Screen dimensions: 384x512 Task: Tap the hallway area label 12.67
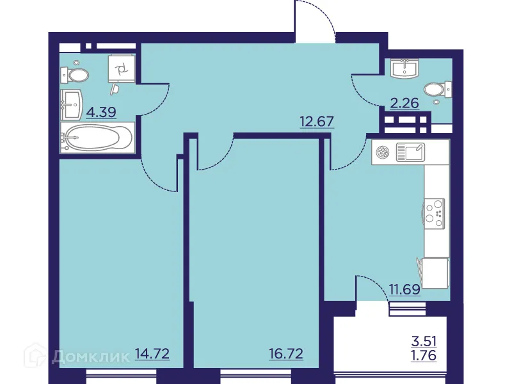click(x=317, y=120)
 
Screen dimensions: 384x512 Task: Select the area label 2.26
click(x=404, y=102)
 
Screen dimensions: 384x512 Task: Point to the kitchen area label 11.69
click(x=404, y=289)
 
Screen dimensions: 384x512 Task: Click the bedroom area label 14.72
click(x=152, y=353)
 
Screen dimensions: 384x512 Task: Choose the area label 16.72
click(x=285, y=353)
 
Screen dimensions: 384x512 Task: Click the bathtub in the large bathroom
click(x=97, y=138)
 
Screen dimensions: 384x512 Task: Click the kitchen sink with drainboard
click(x=410, y=152)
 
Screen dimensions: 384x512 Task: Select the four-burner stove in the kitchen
click(x=434, y=211)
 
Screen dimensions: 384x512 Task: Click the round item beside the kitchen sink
click(x=383, y=152)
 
